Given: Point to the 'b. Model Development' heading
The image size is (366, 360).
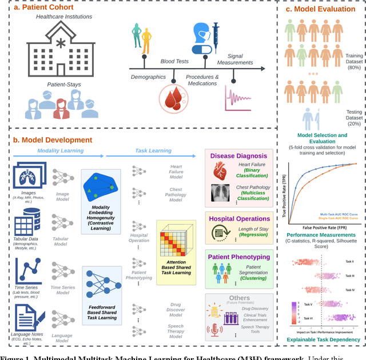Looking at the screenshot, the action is point(52,139).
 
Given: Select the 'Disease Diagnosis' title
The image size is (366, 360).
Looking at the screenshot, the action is point(238,155).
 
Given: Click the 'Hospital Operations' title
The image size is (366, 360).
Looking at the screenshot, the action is point(239,218).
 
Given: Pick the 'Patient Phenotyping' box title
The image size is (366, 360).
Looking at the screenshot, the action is point(238,257).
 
